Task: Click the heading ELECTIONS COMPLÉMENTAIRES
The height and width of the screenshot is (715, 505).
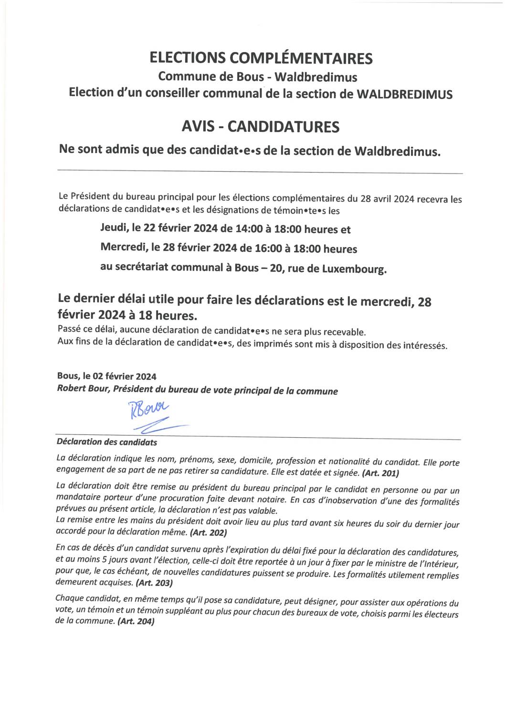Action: pos(261,58)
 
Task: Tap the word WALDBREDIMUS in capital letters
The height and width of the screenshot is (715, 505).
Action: pos(404,94)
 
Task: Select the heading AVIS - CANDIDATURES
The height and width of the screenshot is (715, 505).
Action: pos(261,127)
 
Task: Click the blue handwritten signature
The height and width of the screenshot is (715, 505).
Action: pos(152,414)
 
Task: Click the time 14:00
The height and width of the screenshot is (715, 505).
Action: pos(248,229)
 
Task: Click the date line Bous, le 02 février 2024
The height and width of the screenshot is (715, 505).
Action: pos(106,376)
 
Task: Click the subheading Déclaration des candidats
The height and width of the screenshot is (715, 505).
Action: pos(106,442)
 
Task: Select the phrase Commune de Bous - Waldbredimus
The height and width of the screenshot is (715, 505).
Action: pos(258,76)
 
